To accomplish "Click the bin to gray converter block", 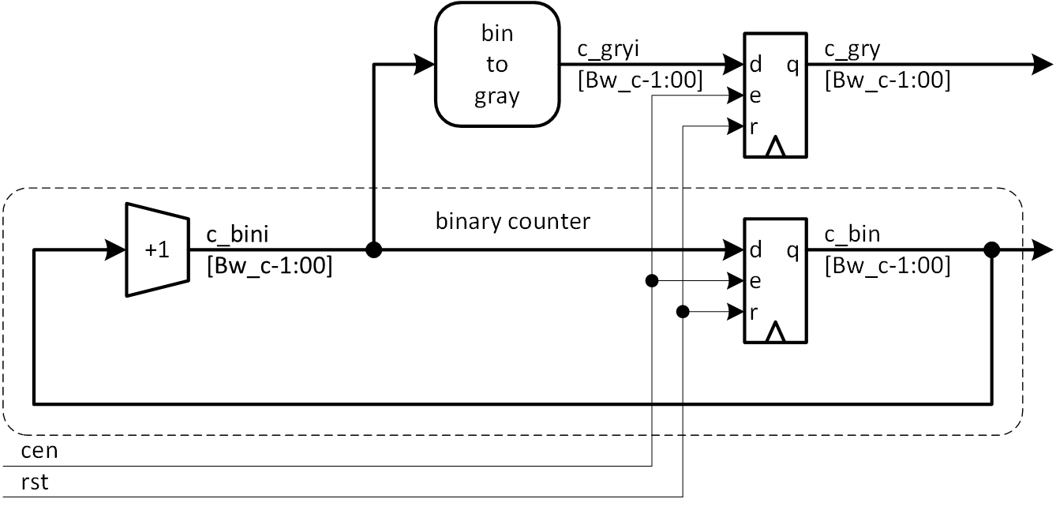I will [496, 65].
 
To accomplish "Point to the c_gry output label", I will [852, 50].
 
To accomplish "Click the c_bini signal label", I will [238, 234].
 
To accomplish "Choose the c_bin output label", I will [852, 234].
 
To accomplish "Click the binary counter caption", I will [512, 221].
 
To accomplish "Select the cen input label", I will [39, 452].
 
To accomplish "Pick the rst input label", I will [36, 482].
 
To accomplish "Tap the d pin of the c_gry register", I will [755, 65].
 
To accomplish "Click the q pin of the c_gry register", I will [792, 65].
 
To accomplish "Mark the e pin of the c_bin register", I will [755, 281].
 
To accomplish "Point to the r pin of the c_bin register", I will [755, 313].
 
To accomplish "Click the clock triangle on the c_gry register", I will [776, 148].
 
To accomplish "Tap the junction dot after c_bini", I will [374, 250].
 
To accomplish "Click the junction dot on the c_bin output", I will [992, 250].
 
